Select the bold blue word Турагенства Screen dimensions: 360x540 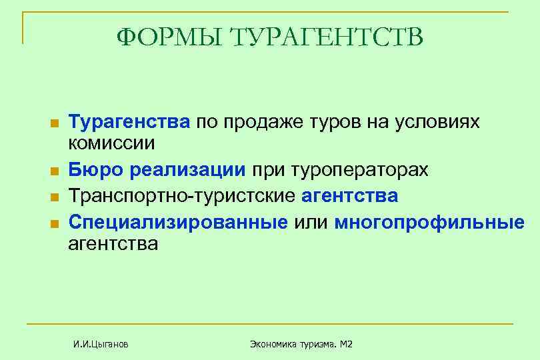pyautogui.click(x=130, y=122)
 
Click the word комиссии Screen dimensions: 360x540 pyautogui.click(x=111, y=143)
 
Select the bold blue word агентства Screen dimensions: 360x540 pyautogui.click(x=350, y=197)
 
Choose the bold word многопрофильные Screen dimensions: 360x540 pyautogui.click(x=429, y=221)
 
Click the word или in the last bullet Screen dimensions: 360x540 pyautogui.click(x=311, y=221)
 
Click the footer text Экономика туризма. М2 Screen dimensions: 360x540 pyautogui.click(x=301, y=344)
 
